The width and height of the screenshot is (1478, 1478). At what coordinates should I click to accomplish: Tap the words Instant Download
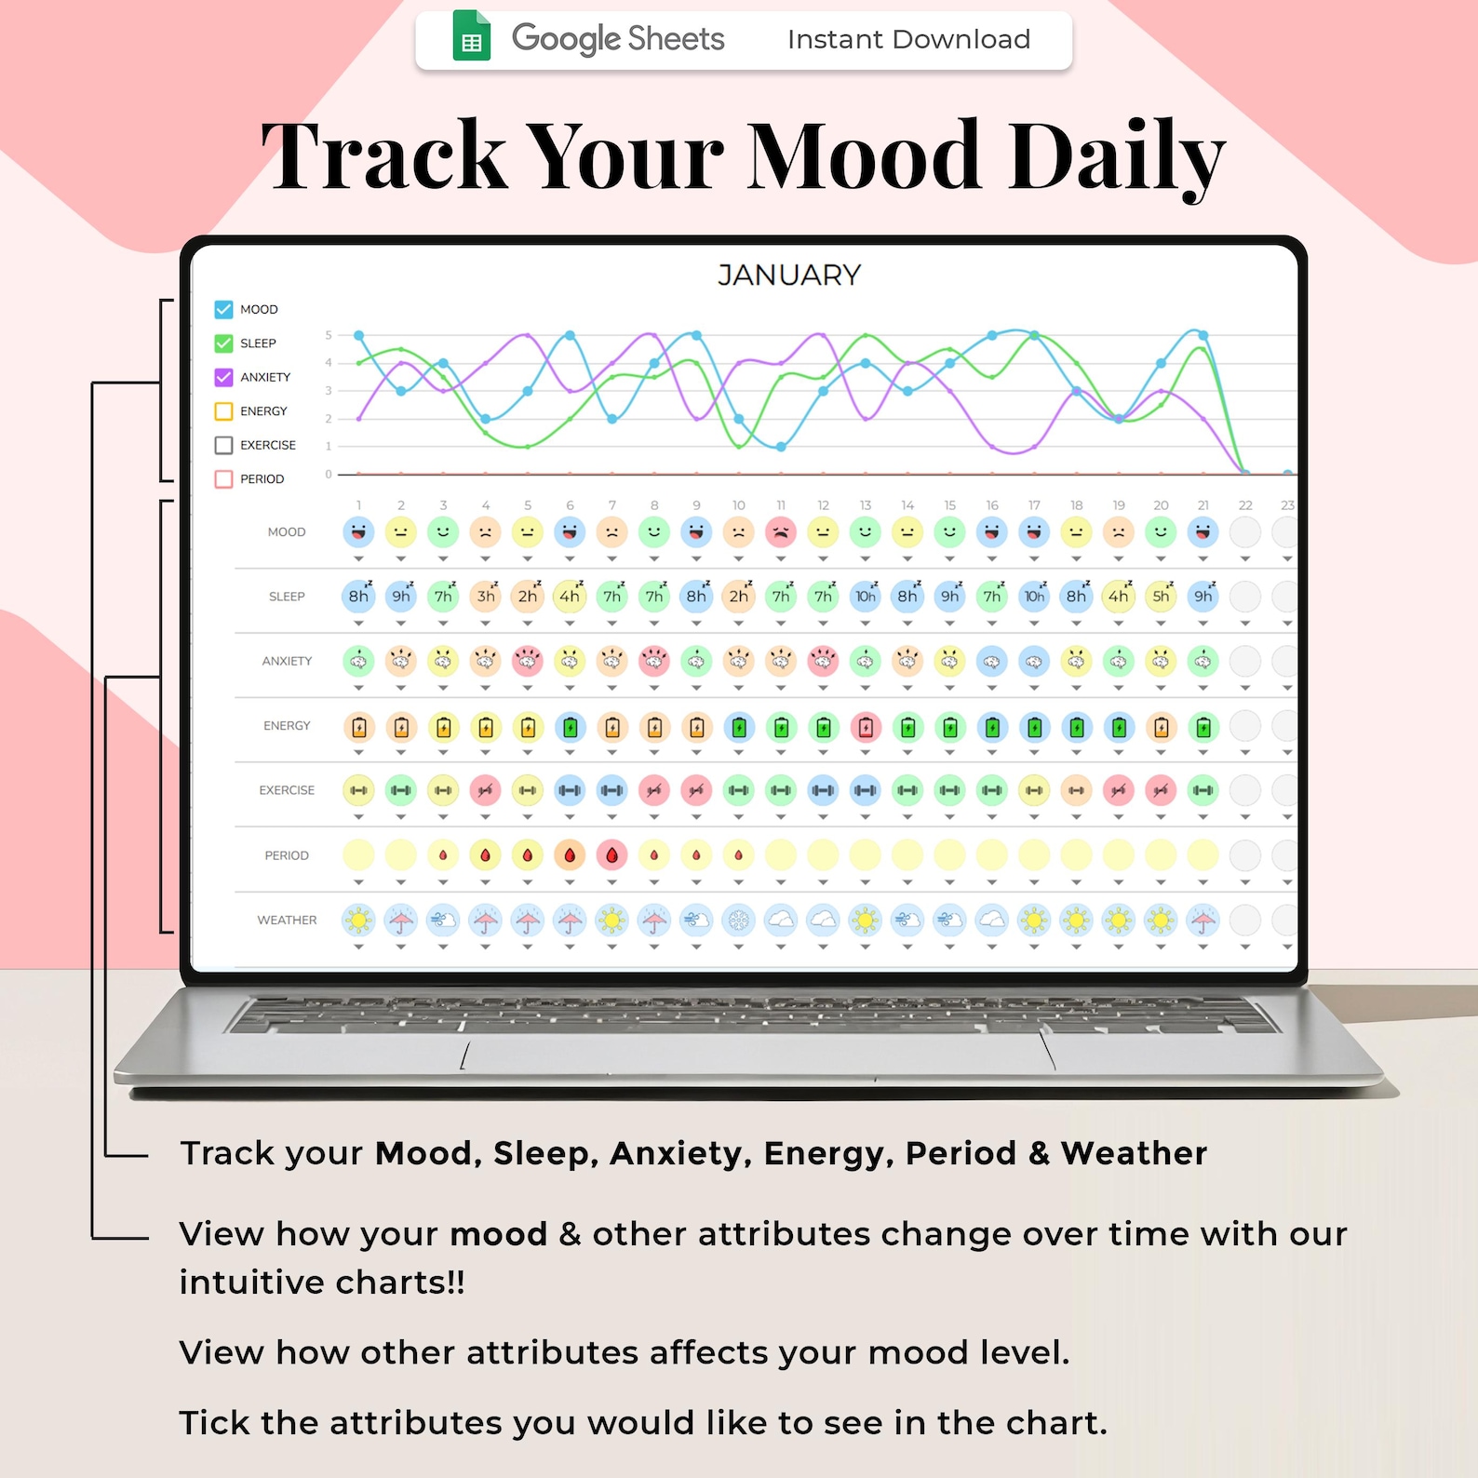click(x=908, y=39)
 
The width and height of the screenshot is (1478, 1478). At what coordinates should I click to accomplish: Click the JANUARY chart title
click(x=789, y=275)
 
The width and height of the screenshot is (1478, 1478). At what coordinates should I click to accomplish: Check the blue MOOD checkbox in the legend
click(x=223, y=309)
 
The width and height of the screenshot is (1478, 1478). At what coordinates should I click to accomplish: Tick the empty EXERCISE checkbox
click(x=223, y=445)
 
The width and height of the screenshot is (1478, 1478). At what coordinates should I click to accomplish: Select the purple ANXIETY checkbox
click(x=223, y=377)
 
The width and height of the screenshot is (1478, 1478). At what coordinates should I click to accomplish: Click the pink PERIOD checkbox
click(x=223, y=479)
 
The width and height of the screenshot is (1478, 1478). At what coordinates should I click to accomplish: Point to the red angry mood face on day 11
click(x=781, y=532)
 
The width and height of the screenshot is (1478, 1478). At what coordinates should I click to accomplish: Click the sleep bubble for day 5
click(x=528, y=597)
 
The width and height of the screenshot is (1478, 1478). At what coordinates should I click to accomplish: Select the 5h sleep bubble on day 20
click(x=1161, y=597)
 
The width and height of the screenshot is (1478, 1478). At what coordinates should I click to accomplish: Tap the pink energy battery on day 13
click(x=866, y=727)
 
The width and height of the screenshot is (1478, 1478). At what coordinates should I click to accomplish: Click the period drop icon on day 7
click(x=611, y=854)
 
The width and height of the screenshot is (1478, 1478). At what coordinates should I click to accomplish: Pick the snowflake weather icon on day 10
click(x=738, y=920)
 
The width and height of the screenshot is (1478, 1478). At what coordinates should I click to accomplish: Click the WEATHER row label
click(x=287, y=920)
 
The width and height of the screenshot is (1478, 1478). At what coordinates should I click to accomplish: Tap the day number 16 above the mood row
click(x=992, y=505)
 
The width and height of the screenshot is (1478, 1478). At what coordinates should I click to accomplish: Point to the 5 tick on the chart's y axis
click(x=329, y=335)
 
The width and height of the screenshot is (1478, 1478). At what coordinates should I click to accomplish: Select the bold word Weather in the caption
click(x=1134, y=1153)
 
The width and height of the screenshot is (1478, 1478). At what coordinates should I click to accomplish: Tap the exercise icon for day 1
click(x=358, y=790)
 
